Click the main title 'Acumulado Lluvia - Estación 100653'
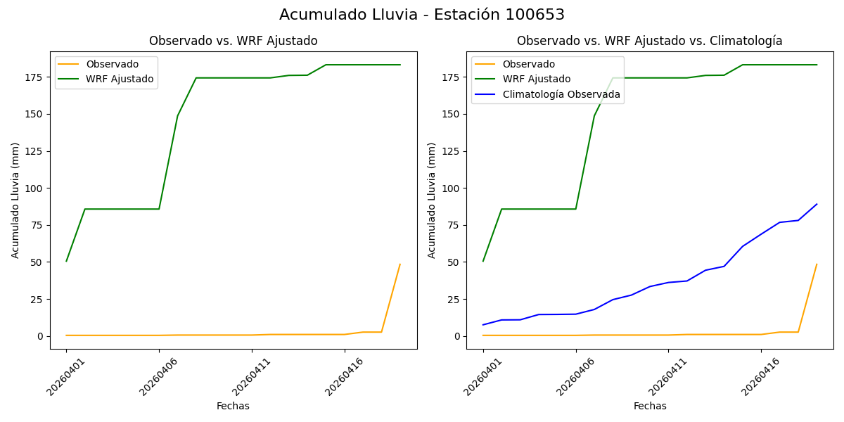click(x=422, y=15)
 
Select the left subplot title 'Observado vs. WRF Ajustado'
click(x=233, y=41)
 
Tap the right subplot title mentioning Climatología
click(x=649, y=41)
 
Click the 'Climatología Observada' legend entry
click(x=561, y=94)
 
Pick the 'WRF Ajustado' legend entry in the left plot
click(x=120, y=79)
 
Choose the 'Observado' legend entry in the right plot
click(x=528, y=64)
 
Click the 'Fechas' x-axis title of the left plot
click(x=233, y=406)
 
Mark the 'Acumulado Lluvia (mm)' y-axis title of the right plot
click(x=432, y=200)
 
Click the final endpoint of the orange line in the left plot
click(x=400, y=264)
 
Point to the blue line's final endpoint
click(x=817, y=204)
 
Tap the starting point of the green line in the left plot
click(x=66, y=261)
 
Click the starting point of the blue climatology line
click(x=483, y=325)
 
